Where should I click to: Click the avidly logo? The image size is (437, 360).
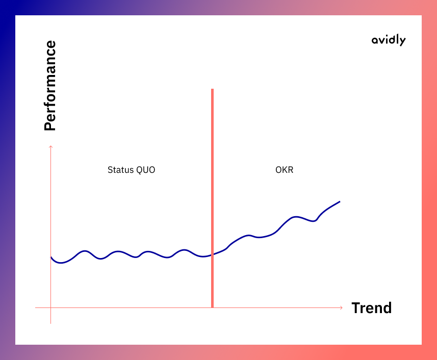pyautogui.click(x=389, y=40)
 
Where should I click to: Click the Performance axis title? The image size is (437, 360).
pyautogui.click(x=50, y=86)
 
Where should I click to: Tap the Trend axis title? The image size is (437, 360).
pyautogui.click(x=372, y=308)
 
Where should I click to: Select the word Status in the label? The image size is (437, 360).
pyautogui.click(x=121, y=170)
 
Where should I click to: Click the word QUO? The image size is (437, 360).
pyautogui.click(x=146, y=170)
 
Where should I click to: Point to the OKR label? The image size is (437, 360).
pyautogui.click(x=284, y=170)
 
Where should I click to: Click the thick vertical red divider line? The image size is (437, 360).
pyautogui.click(x=212, y=198)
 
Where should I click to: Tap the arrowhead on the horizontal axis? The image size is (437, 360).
pyautogui.click(x=342, y=307)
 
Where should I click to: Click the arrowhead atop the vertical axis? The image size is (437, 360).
pyautogui.click(x=50, y=146)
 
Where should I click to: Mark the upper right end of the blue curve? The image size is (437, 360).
pyautogui.click(x=340, y=201)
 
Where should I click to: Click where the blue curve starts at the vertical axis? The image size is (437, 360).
pyautogui.click(x=51, y=258)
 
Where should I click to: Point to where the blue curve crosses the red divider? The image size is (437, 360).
pyautogui.click(x=212, y=254)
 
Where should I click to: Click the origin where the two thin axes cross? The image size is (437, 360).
pyautogui.click(x=50, y=307)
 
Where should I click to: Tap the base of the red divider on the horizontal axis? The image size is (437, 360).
pyautogui.click(x=212, y=307)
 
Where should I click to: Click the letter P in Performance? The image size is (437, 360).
pyautogui.click(x=50, y=125)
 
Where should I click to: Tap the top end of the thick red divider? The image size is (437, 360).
pyautogui.click(x=212, y=89)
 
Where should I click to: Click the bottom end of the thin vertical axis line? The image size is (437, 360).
pyautogui.click(x=50, y=323)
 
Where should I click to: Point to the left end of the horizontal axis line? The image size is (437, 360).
pyautogui.click(x=35, y=307)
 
